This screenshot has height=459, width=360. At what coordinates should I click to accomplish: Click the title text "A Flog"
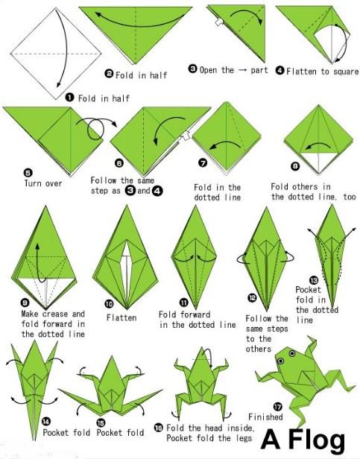click(x=303, y=440)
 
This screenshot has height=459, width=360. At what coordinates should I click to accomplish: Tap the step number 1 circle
click(x=69, y=98)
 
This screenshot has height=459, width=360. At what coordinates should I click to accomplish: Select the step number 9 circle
click(x=25, y=303)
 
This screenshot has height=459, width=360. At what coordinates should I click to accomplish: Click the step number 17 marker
click(x=277, y=407)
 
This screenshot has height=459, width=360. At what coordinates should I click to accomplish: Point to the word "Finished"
click(x=265, y=417)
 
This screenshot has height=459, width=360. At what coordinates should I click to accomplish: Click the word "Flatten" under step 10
click(x=121, y=317)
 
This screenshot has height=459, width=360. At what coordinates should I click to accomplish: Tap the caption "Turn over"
click(x=43, y=184)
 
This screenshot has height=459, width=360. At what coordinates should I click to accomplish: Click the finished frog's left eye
click(x=280, y=361)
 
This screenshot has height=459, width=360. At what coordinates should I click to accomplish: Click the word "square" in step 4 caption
click(x=344, y=72)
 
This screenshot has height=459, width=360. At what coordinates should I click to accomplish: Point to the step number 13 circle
click(x=314, y=280)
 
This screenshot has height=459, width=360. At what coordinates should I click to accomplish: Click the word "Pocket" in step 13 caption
click(x=308, y=290)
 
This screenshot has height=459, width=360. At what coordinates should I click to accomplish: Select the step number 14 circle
click(x=46, y=422)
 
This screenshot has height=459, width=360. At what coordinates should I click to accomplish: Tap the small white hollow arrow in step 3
click(x=219, y=22)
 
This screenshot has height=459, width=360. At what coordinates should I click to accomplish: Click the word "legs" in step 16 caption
click(x=244, y=438)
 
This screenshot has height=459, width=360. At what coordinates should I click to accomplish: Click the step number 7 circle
click(x=203, y=162)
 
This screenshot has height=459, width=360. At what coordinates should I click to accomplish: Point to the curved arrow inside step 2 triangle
click(x=138, y=24)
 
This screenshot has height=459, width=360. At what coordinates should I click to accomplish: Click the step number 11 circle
click(x=183, y=303)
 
